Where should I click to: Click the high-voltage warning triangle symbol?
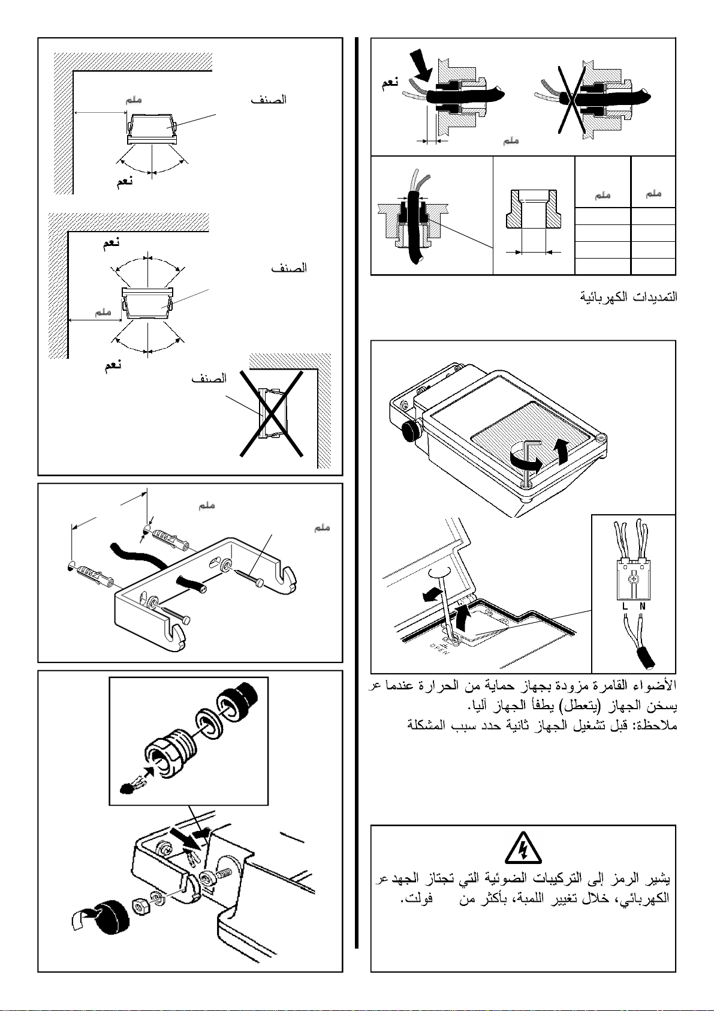(x=523, y=848)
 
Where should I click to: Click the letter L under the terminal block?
(x=625, y=607)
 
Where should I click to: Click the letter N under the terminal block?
(x=642, y=607)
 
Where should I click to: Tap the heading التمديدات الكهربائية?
(x=628, y=296)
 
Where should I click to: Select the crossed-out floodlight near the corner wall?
(x=271, y=413)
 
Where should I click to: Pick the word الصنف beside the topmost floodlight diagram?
(x=269, y=100)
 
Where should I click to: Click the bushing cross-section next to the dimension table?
(x=534, y=210)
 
